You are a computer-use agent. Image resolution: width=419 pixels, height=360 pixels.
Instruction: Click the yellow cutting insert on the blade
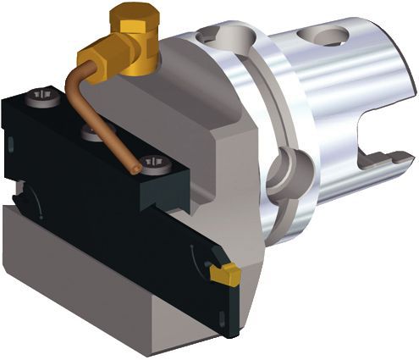223,274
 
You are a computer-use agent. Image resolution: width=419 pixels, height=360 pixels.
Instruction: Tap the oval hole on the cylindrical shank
329,36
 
